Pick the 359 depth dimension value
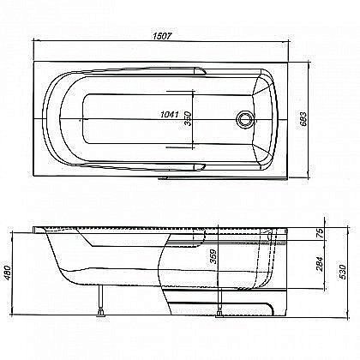tap(212, 255)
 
